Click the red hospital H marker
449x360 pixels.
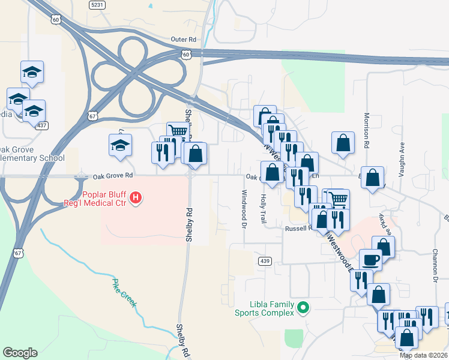click(x=136, y=197)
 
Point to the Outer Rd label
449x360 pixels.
click(x=183, y=39)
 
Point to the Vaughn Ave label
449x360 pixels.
click(x=403, y=157)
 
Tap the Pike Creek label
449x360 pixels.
click(x=125, y=292)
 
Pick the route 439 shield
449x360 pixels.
click(x=265, y=261)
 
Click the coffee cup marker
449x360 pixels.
click(x=370, y=260)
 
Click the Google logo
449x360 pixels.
click(x=20, y=353)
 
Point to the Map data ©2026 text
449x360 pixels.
click(x=423, y=355)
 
